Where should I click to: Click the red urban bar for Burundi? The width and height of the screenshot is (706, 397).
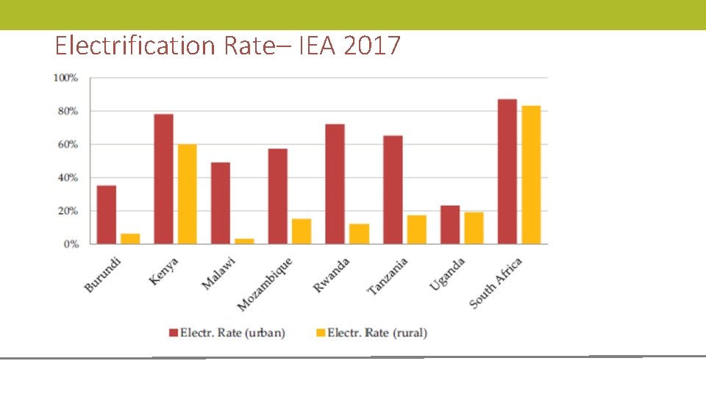pos(107,215)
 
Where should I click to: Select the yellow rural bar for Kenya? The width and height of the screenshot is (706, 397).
pos(188,194)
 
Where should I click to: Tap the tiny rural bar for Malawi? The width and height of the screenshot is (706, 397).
pos(245,240)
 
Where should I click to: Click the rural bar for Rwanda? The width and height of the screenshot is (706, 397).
pos(359,234)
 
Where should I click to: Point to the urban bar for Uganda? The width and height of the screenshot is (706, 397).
pos(450,225)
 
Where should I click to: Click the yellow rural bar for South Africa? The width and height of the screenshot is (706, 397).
pos(531,175)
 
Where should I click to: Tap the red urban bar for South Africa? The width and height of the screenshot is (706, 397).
pos(507,171)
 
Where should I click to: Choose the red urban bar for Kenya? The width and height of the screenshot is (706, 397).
pos(164,179)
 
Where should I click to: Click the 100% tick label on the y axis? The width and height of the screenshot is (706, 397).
pos(65,78)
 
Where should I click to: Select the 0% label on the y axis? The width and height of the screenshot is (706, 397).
pos(71,244)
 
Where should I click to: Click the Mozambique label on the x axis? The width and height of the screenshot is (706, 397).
pos(265,284)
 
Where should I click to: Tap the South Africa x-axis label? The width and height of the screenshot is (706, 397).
pos(496,283)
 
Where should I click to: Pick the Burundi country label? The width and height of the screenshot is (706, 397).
pos(103,274)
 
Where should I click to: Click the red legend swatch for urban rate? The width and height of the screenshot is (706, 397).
pos(174,333)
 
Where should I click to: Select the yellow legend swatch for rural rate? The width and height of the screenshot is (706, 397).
pos(321,333)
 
